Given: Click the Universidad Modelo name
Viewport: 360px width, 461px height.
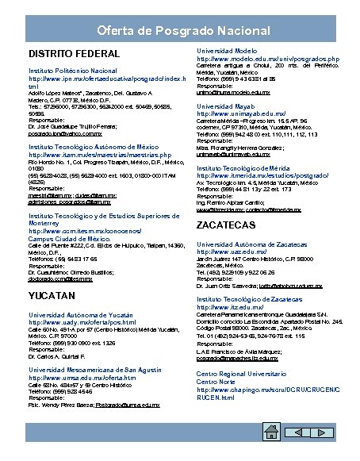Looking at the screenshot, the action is tap(229, 50).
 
